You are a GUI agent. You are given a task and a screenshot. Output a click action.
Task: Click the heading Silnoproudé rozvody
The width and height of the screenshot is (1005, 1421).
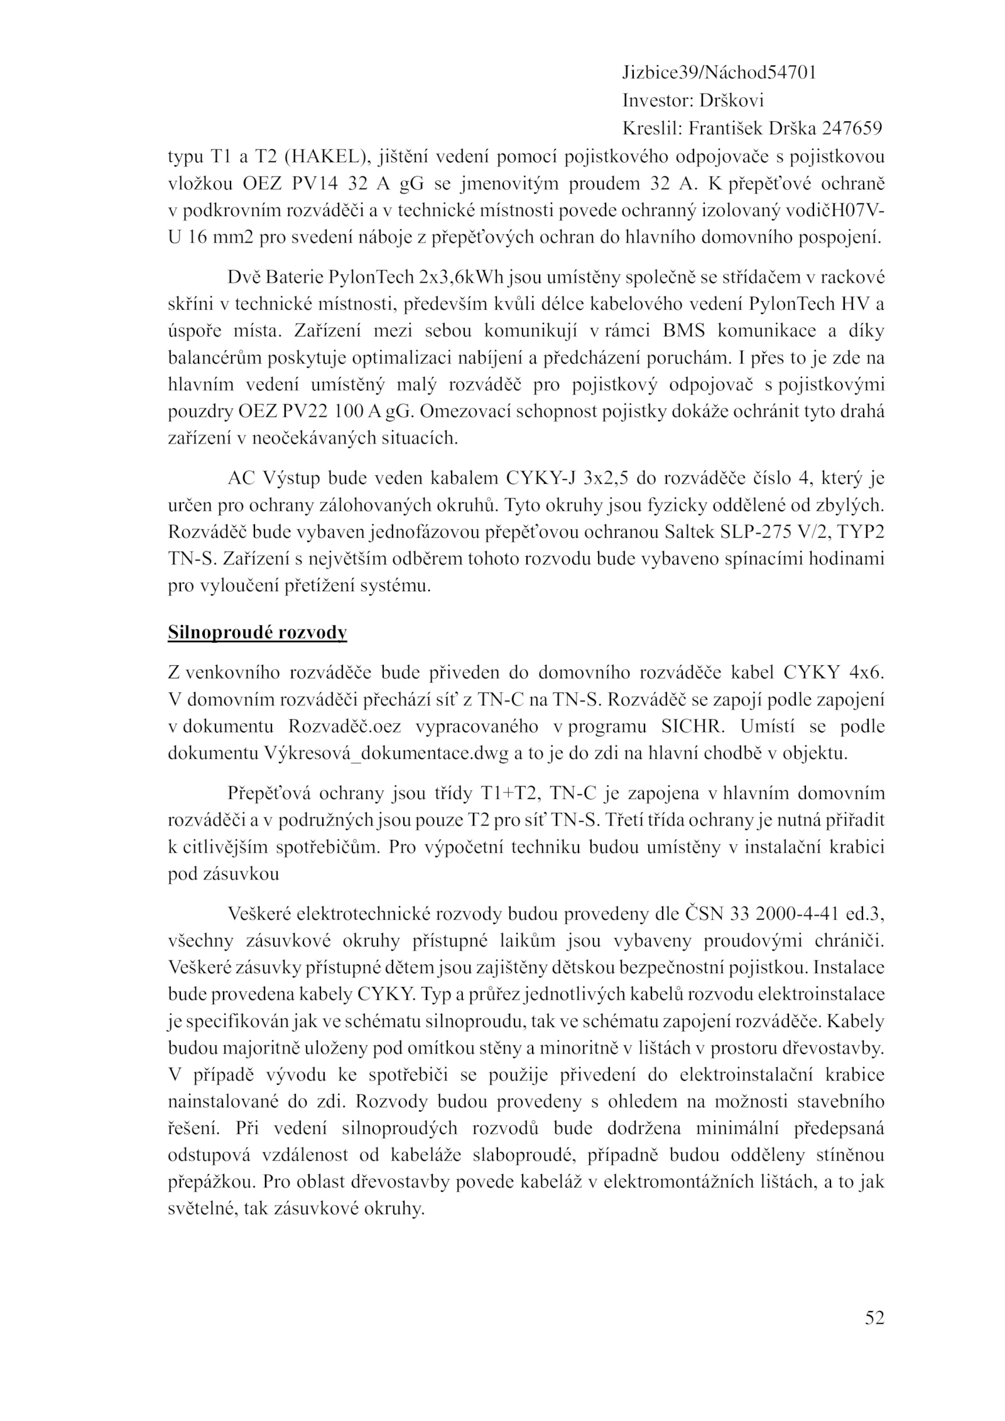click(x=257, y=633)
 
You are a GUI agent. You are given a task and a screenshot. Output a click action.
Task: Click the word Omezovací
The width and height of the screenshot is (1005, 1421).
click(x=463, y=412)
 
